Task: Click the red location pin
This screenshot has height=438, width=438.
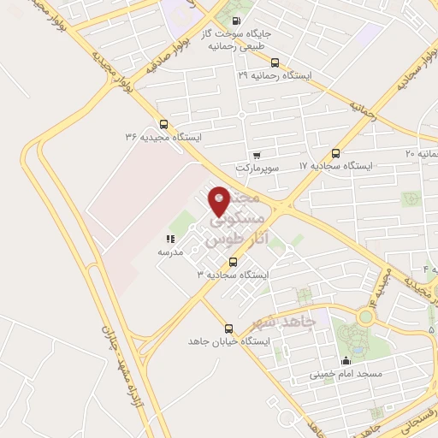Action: tap(220, 201)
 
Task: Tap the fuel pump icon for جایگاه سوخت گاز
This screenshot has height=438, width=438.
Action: tap(237, 21)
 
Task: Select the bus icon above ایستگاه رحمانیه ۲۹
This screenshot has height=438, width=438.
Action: tap(275, 62)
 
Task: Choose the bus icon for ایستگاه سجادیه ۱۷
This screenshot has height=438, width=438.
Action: tap(335, 154)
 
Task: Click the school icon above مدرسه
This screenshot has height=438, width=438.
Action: tap(169, 240)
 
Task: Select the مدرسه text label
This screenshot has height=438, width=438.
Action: tap(169, 253)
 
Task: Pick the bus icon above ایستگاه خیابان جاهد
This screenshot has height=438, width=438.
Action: tap(228, 328)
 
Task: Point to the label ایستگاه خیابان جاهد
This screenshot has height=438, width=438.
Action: tap(229, 341)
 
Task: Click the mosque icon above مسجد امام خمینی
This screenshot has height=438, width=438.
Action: tap(346, 360)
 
